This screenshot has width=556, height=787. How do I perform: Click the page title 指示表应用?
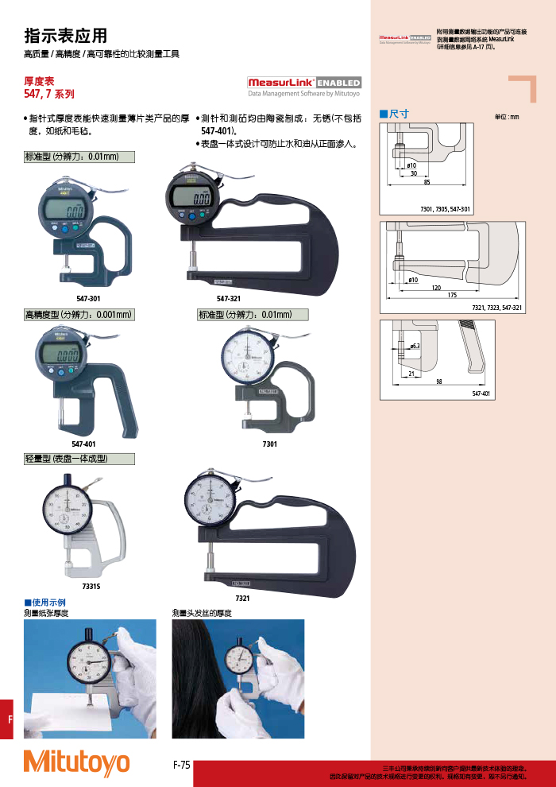66,36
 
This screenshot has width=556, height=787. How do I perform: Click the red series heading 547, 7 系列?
49,94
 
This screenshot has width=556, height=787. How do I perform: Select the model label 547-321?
229,297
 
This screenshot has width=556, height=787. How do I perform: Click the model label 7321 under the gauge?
242,597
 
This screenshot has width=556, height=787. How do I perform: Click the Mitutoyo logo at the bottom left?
76,762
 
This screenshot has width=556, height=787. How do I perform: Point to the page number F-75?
182,765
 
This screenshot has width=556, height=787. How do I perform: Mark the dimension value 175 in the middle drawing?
452,295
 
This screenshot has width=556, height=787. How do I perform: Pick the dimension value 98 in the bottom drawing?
438,382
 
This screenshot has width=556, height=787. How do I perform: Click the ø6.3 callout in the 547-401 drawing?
415,347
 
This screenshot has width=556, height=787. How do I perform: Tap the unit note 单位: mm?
506,117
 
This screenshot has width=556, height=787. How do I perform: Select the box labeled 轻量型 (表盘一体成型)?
79,459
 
